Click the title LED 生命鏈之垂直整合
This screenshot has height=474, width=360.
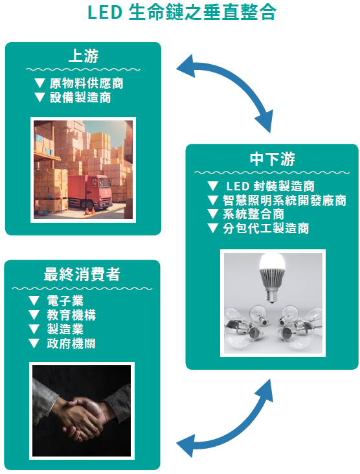coord(182,13)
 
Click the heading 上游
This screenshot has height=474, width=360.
coord(84,56)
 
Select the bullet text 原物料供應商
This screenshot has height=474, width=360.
coord(87,84)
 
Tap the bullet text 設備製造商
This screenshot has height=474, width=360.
coord(80,98)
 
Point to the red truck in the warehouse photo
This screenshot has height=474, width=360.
coord(90,192)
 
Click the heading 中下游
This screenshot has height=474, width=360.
coord(273,159)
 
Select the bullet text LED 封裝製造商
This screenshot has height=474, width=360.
coord(270,186)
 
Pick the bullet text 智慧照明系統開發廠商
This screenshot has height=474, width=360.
coord(284,201)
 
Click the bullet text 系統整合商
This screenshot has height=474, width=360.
coord(254,214)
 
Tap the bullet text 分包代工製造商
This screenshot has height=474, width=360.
coord(266,228)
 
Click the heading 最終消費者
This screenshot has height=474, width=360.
coord(82,275)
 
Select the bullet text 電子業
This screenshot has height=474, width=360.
coord(65,301)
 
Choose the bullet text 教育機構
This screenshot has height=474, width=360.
coord(71,315)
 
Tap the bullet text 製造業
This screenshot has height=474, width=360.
coord(65,329)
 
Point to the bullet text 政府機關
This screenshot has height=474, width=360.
coord(71,343)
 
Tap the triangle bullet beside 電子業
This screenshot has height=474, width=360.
coord(34,301)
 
